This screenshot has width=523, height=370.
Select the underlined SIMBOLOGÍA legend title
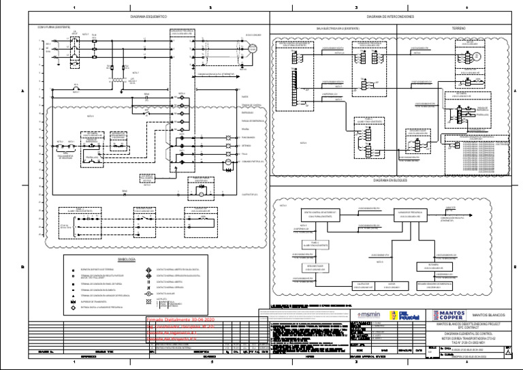pyautogui.click(x=127, y=260)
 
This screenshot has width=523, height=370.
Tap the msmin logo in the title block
pyautogui.click(x=368, y=315)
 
